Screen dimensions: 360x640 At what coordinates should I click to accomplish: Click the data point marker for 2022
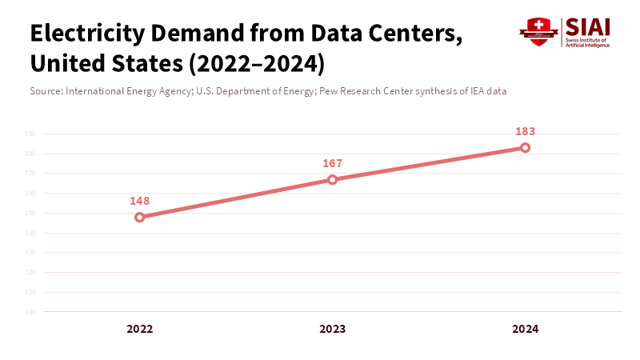[x=140, y=217]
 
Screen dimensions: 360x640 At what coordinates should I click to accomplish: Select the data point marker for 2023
[x=333, y=179]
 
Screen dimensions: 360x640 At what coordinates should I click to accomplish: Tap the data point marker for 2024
[x=526, y=147]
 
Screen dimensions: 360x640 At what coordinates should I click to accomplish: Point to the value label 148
[x=140, y=201]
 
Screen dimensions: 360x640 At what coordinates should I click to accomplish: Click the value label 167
[x=333, y=163]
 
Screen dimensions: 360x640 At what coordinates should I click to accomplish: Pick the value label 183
[x=526, y=131]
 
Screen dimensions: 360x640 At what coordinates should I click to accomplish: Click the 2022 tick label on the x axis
[x=140, y=329]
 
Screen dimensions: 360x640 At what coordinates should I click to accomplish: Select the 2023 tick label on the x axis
[x=333, y=329]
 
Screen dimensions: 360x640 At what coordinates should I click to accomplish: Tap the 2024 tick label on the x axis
[x=526, y=329]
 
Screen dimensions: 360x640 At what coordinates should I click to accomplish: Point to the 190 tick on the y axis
[x=30, y=134]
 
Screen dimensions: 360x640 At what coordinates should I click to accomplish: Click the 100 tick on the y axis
[x=30, y=312]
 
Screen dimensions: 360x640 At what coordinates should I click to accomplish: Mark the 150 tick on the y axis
[x=30, y=213]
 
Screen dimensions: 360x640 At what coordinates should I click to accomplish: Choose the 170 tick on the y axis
[x=30, y=174]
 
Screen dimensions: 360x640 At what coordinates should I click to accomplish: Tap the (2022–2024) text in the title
[x=257, y=62]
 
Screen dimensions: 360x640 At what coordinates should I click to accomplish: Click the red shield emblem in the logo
[x=538, y=32]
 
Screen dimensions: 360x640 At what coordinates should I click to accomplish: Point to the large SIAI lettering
[x=587, y=26]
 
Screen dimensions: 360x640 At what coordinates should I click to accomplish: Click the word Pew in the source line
[x=328, y=91]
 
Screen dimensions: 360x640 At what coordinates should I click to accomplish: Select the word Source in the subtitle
[x=45, y=91]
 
